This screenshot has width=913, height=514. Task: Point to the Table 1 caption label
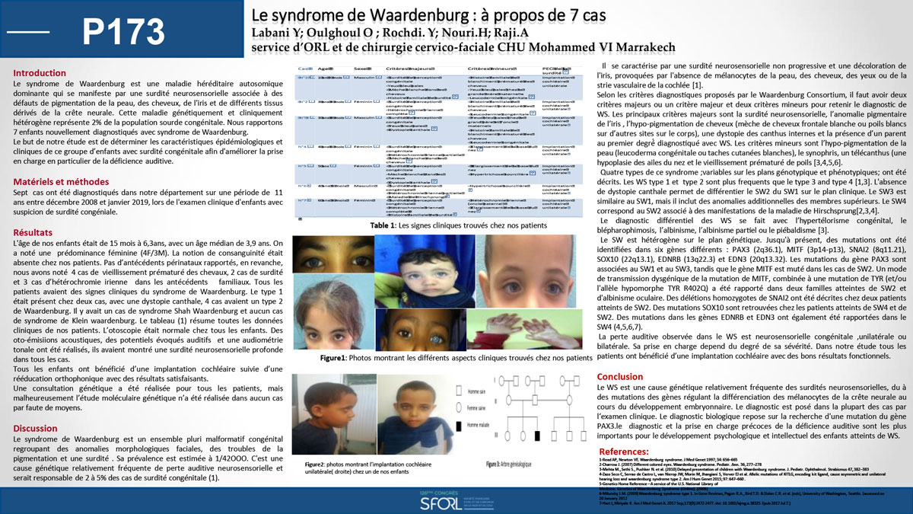coord(384,225)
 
